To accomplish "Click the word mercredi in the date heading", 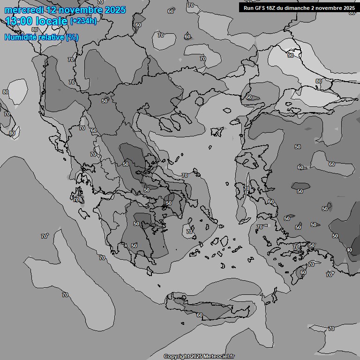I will pos(23,10).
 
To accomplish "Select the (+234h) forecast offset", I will pos(83,21).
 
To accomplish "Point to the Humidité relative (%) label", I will pos(42,37).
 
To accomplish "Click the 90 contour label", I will pos(291,55).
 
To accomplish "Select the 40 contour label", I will pos(349,250).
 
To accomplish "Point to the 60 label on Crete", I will pos(200,315).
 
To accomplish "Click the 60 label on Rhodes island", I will pos(303,272).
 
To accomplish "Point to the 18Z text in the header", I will pos(272,8).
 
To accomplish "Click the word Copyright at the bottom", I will pos(176,356).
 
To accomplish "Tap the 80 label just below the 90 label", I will pos(319,81).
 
